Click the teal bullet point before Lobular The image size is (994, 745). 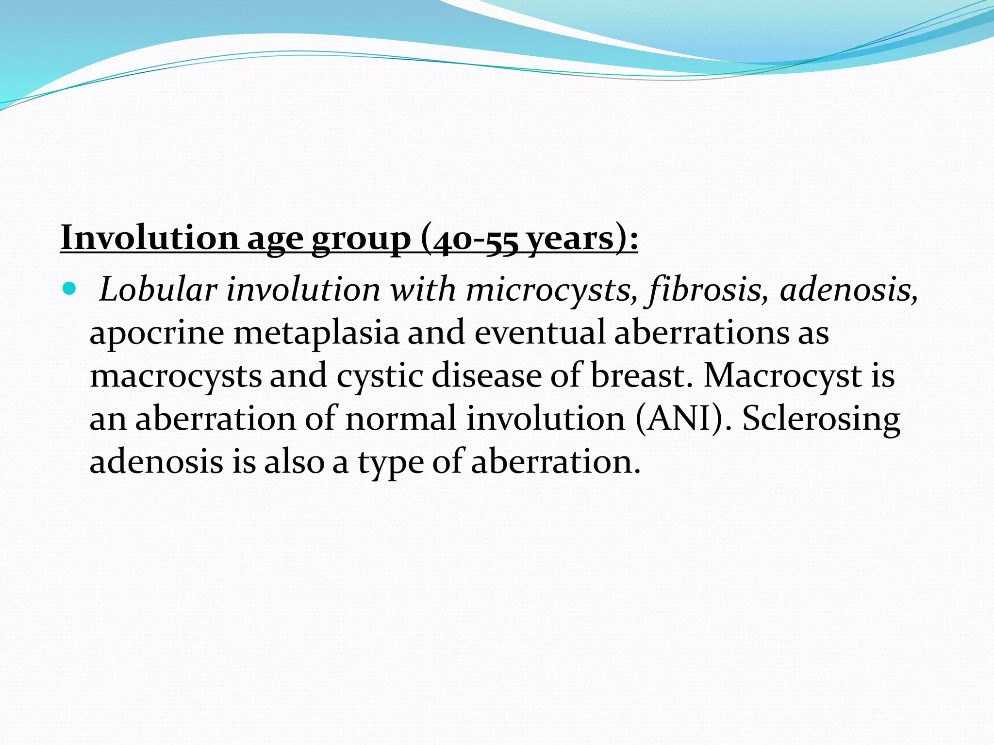coord(70,290)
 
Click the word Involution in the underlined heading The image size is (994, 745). coord(149,238)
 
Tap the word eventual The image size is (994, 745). coord(540,333)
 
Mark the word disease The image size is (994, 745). coord(486,375)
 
